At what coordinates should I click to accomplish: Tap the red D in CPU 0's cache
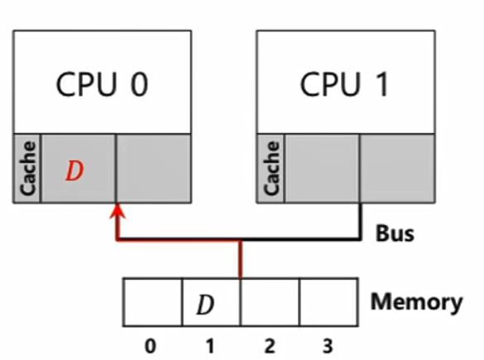point(74,171)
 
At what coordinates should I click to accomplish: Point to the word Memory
point(416,301)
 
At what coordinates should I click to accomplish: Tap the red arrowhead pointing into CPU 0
point(117,214)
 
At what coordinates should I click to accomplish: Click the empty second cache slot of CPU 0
point(153,168)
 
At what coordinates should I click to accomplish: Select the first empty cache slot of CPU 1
point(323,168)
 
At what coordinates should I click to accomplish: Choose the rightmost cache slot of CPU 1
point(398,168)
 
